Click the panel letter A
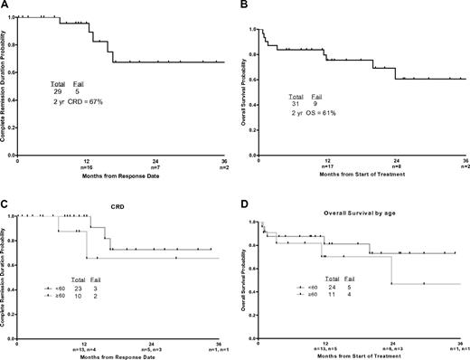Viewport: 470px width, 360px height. click(x=5, y=5)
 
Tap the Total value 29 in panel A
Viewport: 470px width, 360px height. click(x=60, y=94)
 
